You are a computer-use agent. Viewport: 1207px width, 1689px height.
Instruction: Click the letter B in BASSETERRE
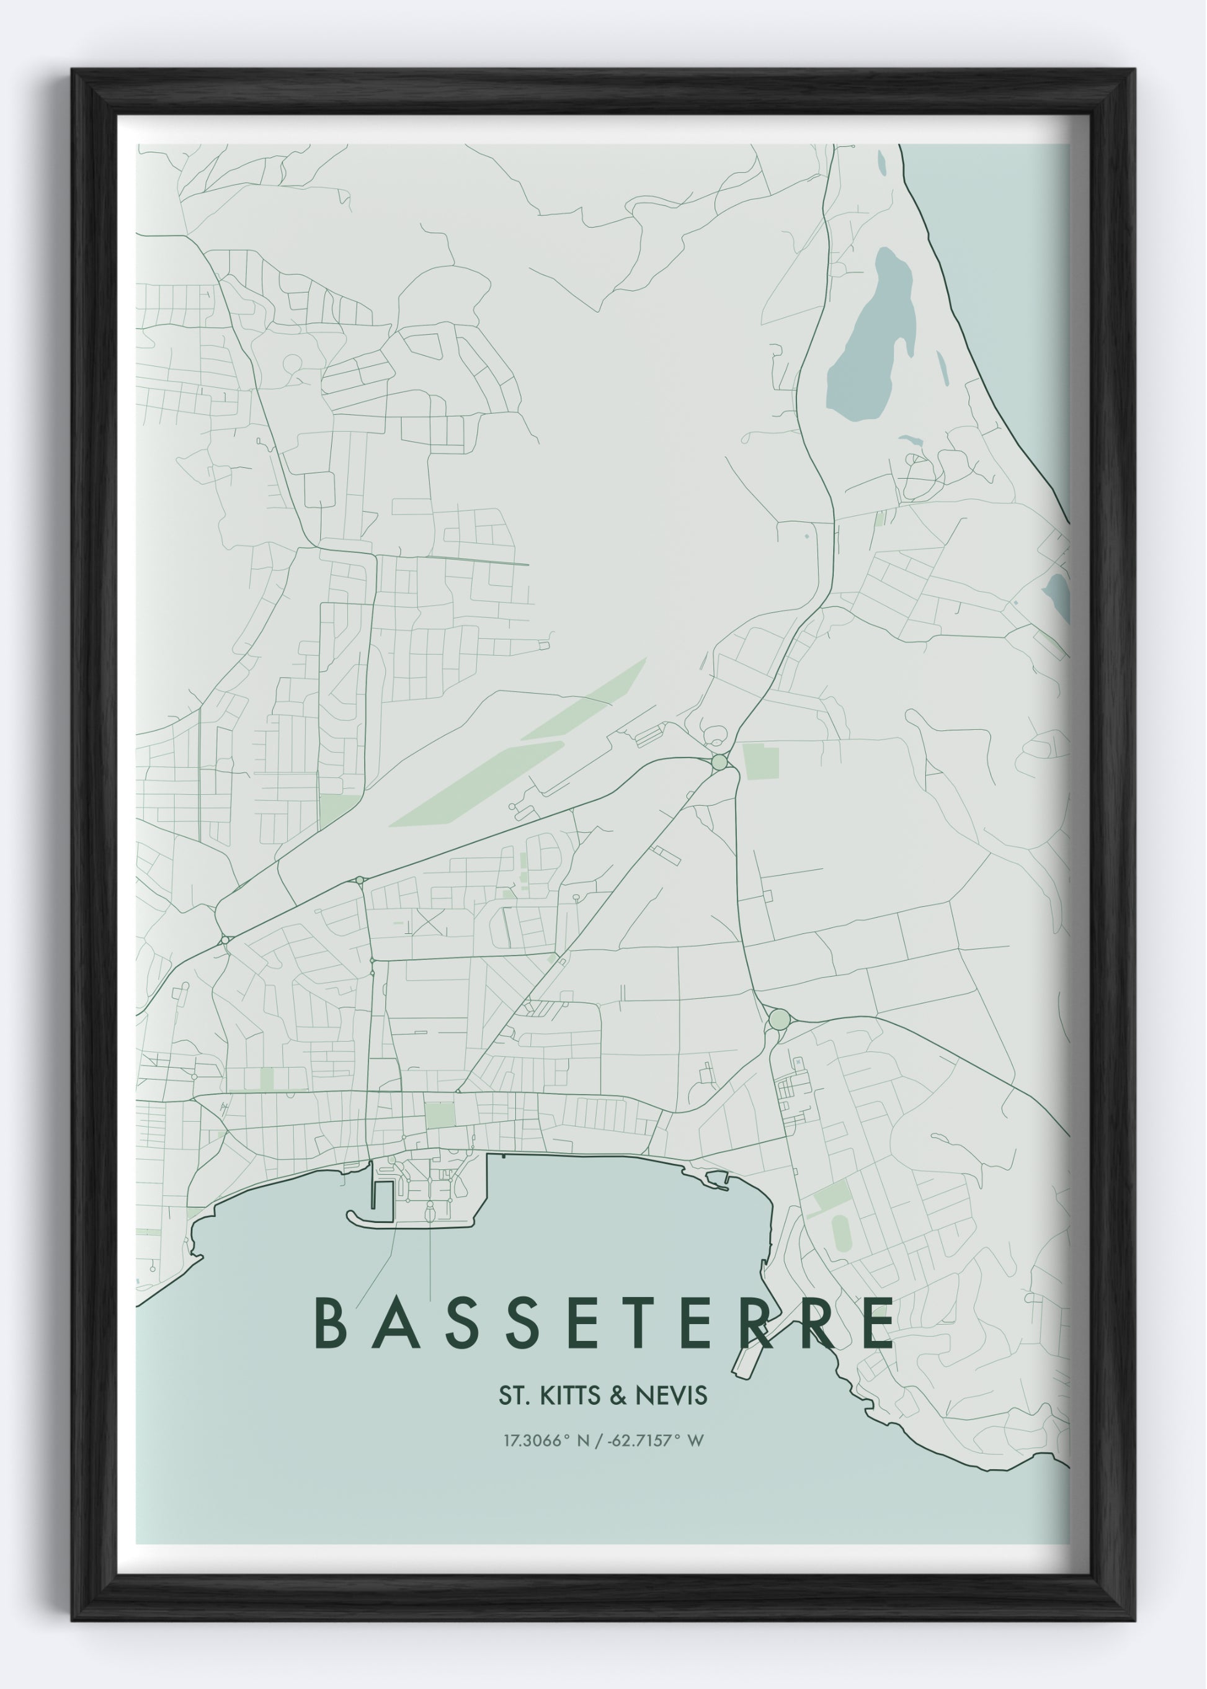tap(329, 1324)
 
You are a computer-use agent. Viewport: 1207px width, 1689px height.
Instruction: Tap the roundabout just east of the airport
tap(719, 763)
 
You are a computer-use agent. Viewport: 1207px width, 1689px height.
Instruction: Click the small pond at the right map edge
tap(1058, 596)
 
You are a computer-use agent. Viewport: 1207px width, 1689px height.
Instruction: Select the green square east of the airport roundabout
tap(761, 762)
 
